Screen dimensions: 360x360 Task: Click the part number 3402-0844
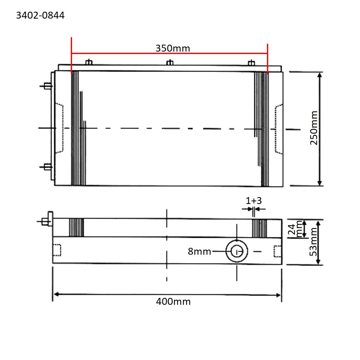point(40,15)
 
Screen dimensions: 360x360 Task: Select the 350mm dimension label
point(172,48)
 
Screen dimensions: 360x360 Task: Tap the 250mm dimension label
point(314,128)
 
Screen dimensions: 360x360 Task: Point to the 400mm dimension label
point(173,301)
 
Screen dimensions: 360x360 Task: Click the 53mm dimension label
point(313,242)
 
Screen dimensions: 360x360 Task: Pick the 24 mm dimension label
point(295,229)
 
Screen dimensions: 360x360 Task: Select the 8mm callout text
point(199,251)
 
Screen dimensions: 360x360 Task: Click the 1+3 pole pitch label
point(253,200)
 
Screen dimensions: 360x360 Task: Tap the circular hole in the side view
point(237,251)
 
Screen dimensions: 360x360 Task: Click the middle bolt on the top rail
point(170,62)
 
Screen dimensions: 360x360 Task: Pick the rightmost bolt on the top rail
point(251,62)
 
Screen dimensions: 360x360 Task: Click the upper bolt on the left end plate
point(47,86)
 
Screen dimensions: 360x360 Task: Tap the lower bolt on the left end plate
point(47,167)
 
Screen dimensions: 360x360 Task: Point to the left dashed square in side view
point(57,250)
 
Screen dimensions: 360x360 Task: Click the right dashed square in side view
point(278,251)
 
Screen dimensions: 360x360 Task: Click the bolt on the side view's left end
point(47,221)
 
